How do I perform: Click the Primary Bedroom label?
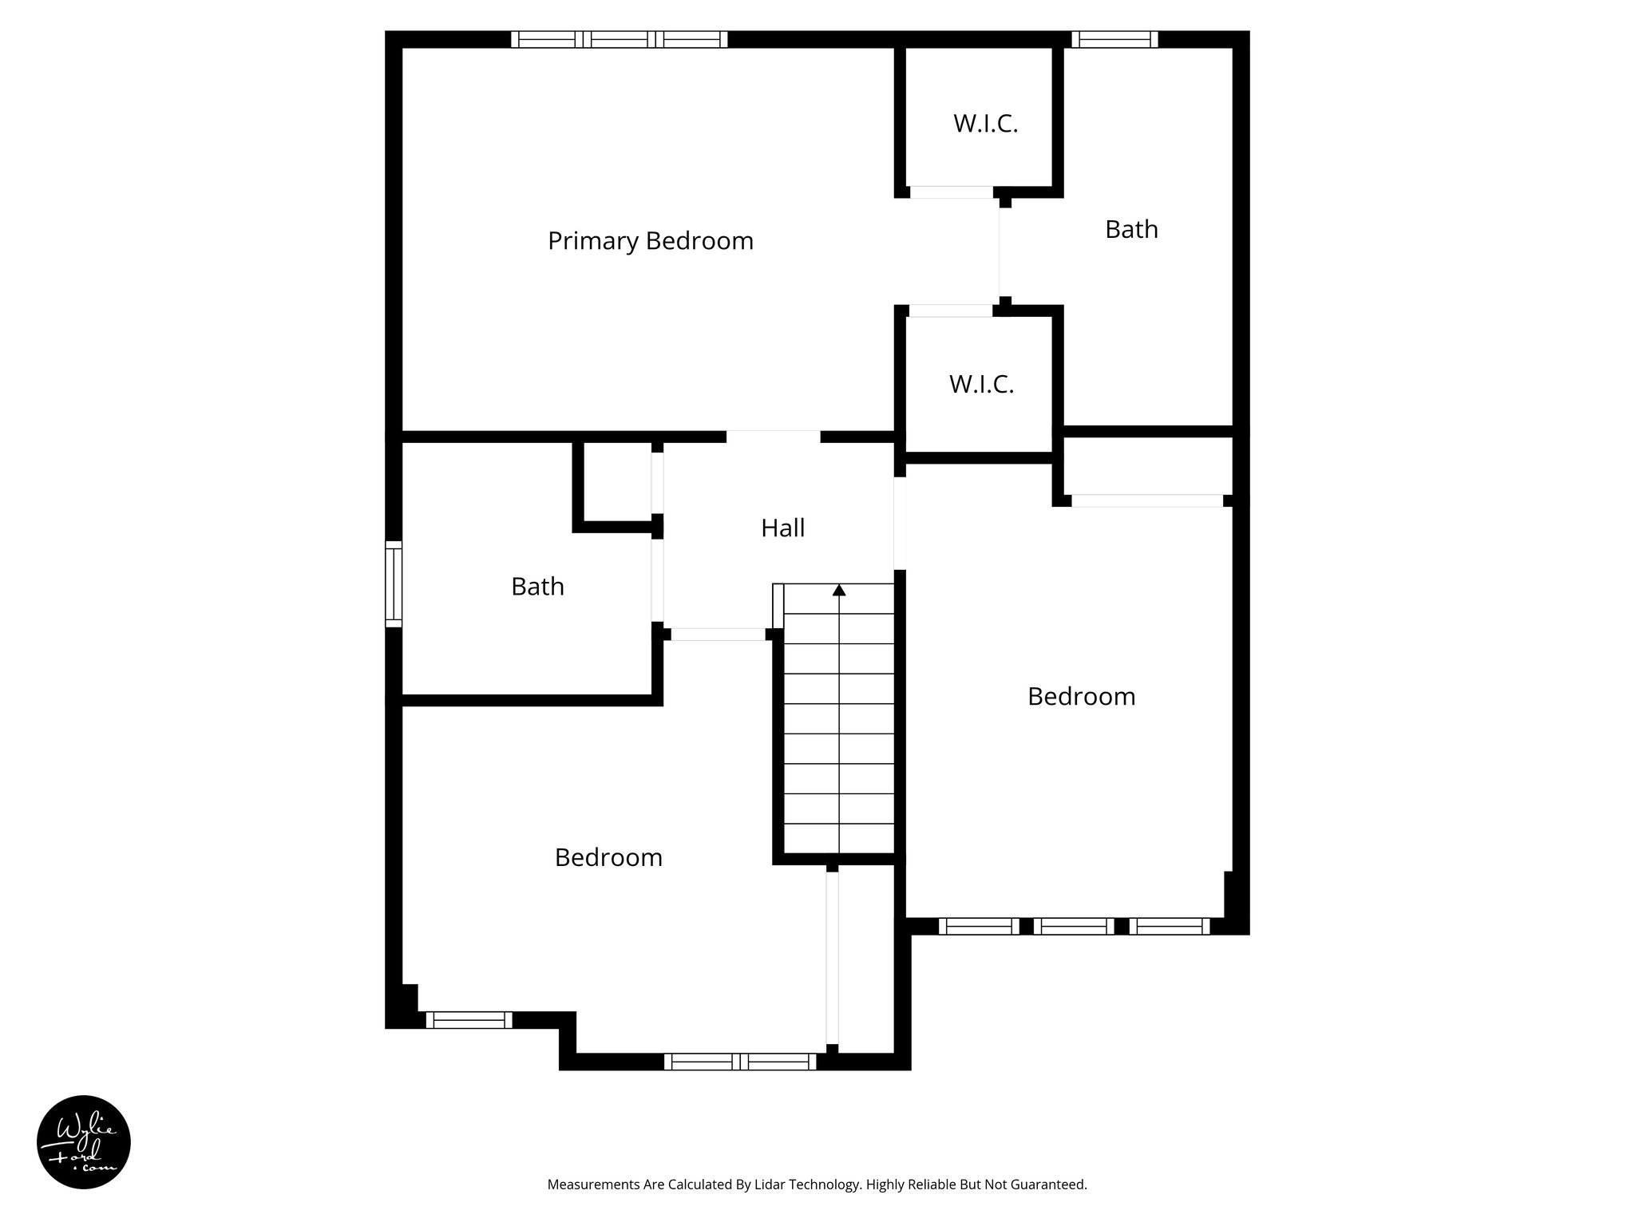click(650, 241)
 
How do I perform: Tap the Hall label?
click(782, 528)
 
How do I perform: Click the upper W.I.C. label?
click(985, 125)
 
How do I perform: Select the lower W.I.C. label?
click(981, 385)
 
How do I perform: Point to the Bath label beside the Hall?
click(537, 587)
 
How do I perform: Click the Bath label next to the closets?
click(1131, 230)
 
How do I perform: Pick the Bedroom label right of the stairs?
click(1081, 697)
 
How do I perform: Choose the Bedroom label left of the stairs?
click(608, 858)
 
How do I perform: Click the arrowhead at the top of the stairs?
click(839, 590)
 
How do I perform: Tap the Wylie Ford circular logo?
click(84, 1142)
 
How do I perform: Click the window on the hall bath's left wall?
click(394, 583)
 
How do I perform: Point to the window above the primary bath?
click(1114, 39)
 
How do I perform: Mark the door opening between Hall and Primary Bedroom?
click(773, 437)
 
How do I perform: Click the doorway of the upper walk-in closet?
click(951, 192)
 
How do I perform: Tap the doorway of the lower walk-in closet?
click(951, 311)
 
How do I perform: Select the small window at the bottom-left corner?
click(469, 1020)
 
